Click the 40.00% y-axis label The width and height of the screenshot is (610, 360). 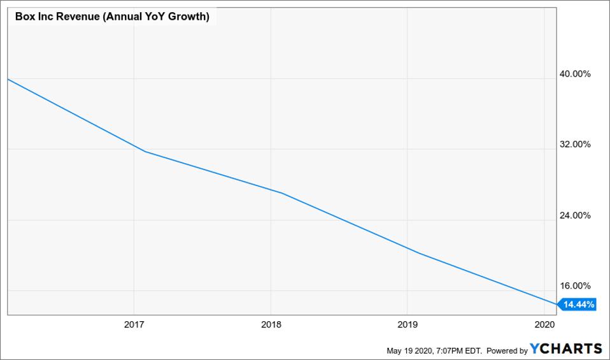(575, 74)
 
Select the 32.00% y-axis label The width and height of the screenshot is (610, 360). (575, 145)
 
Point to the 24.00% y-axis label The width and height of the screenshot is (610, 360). (575, 215)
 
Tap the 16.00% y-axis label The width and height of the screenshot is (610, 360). (575, 286)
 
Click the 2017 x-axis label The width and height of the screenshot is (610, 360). (134, 325)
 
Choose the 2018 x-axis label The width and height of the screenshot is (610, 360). (271, 325)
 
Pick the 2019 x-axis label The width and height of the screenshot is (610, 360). (408, 325)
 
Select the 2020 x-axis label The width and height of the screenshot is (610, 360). (544, 325)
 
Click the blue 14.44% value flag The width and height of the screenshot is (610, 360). (578, 305)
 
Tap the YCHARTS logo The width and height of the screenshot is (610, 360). (565, 349)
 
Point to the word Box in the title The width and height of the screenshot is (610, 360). (25, 17)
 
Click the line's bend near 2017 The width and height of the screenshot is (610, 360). (145, 151)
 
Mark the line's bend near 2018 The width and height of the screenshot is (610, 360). (281, 192)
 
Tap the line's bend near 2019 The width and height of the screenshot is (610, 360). (418, 253)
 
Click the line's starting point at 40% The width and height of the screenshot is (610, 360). (8, 79)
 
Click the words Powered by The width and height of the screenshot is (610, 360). (507, 350)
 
